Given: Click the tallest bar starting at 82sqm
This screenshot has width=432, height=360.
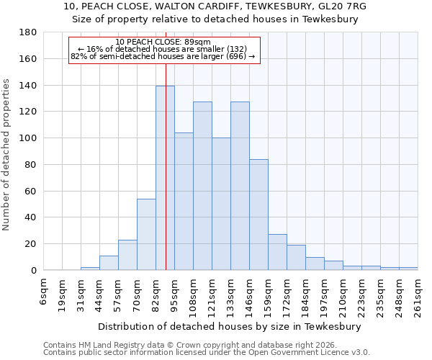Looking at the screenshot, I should pos(165,179).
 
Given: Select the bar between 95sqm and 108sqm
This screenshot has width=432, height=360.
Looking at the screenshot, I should pos(184,202).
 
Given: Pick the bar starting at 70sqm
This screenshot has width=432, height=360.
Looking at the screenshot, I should pos(146,235).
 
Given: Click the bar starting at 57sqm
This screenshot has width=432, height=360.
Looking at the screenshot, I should pos(127,255).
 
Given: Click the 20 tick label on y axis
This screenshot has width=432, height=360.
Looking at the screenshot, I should pos(30,244).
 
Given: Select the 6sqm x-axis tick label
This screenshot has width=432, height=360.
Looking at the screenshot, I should pos(44,291).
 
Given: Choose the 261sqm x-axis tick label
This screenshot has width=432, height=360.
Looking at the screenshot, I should pos(418,295).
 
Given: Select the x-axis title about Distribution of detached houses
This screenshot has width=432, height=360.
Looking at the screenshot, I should pos(230,326).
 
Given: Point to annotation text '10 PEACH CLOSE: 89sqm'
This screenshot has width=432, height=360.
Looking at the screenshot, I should pos(163,42).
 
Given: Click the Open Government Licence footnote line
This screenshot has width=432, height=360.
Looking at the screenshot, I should pos(207,353).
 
